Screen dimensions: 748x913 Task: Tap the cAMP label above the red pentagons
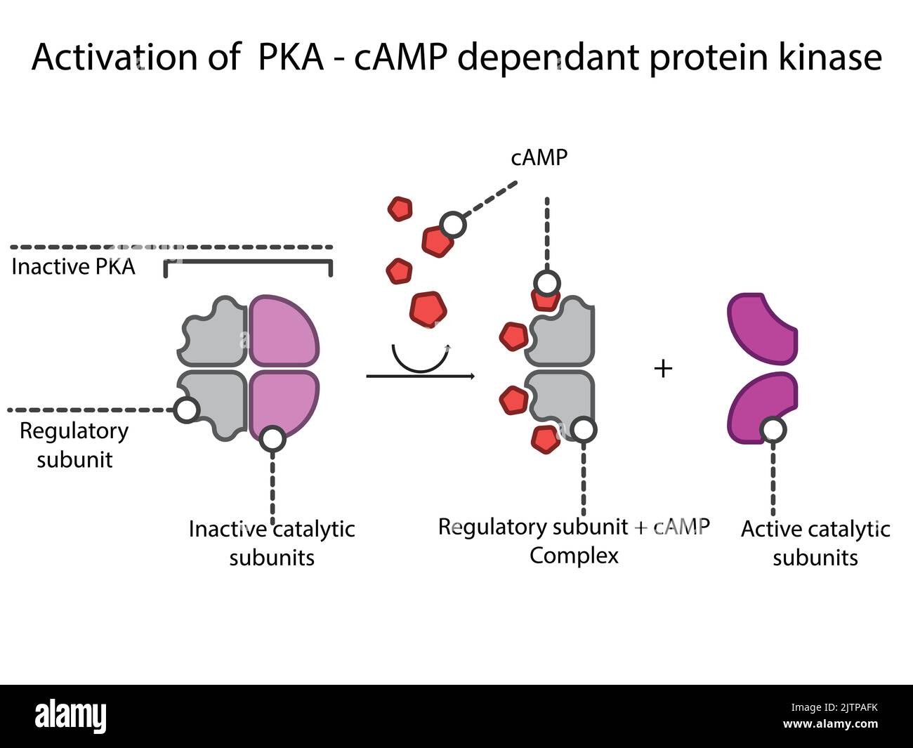pos(539,158)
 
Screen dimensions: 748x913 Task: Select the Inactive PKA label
pos(73,267)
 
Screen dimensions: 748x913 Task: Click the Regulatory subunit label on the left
pos(74,445)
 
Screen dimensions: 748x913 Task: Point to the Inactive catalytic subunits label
pos(272,543)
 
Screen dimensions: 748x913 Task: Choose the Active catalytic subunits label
pos(815,543)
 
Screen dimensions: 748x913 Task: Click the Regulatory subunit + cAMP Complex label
pos(574,541)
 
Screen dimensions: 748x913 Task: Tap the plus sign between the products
pos(662,368)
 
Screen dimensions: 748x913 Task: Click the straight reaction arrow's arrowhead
pos(472,377)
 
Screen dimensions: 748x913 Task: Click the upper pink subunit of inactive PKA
pos(283,330)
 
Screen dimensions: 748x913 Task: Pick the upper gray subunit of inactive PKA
pos(214,332)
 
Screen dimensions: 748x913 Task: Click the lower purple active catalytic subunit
pos(761,407)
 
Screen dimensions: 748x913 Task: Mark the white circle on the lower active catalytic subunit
pos(773,428)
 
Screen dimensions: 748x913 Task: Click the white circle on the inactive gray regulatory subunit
pos(186,409)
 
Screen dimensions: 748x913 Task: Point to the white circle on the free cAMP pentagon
pos(453,225)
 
